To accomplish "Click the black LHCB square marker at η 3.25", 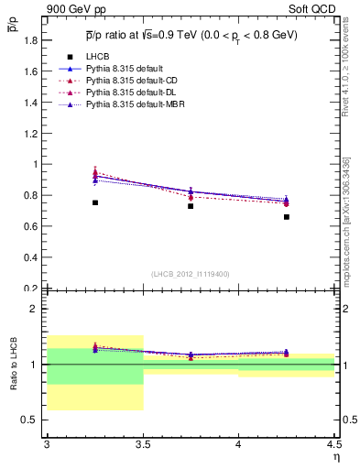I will coord(95,202).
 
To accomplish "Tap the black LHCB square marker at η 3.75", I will coord(191,206).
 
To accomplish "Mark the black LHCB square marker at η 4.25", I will coord(287,217).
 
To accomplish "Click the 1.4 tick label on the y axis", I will coord(31,103).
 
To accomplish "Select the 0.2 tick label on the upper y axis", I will coord(31,289).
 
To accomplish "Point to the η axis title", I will coord(335,457).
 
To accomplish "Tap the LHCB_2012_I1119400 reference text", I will coord(191,274).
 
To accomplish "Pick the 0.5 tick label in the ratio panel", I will coord(31,420).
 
